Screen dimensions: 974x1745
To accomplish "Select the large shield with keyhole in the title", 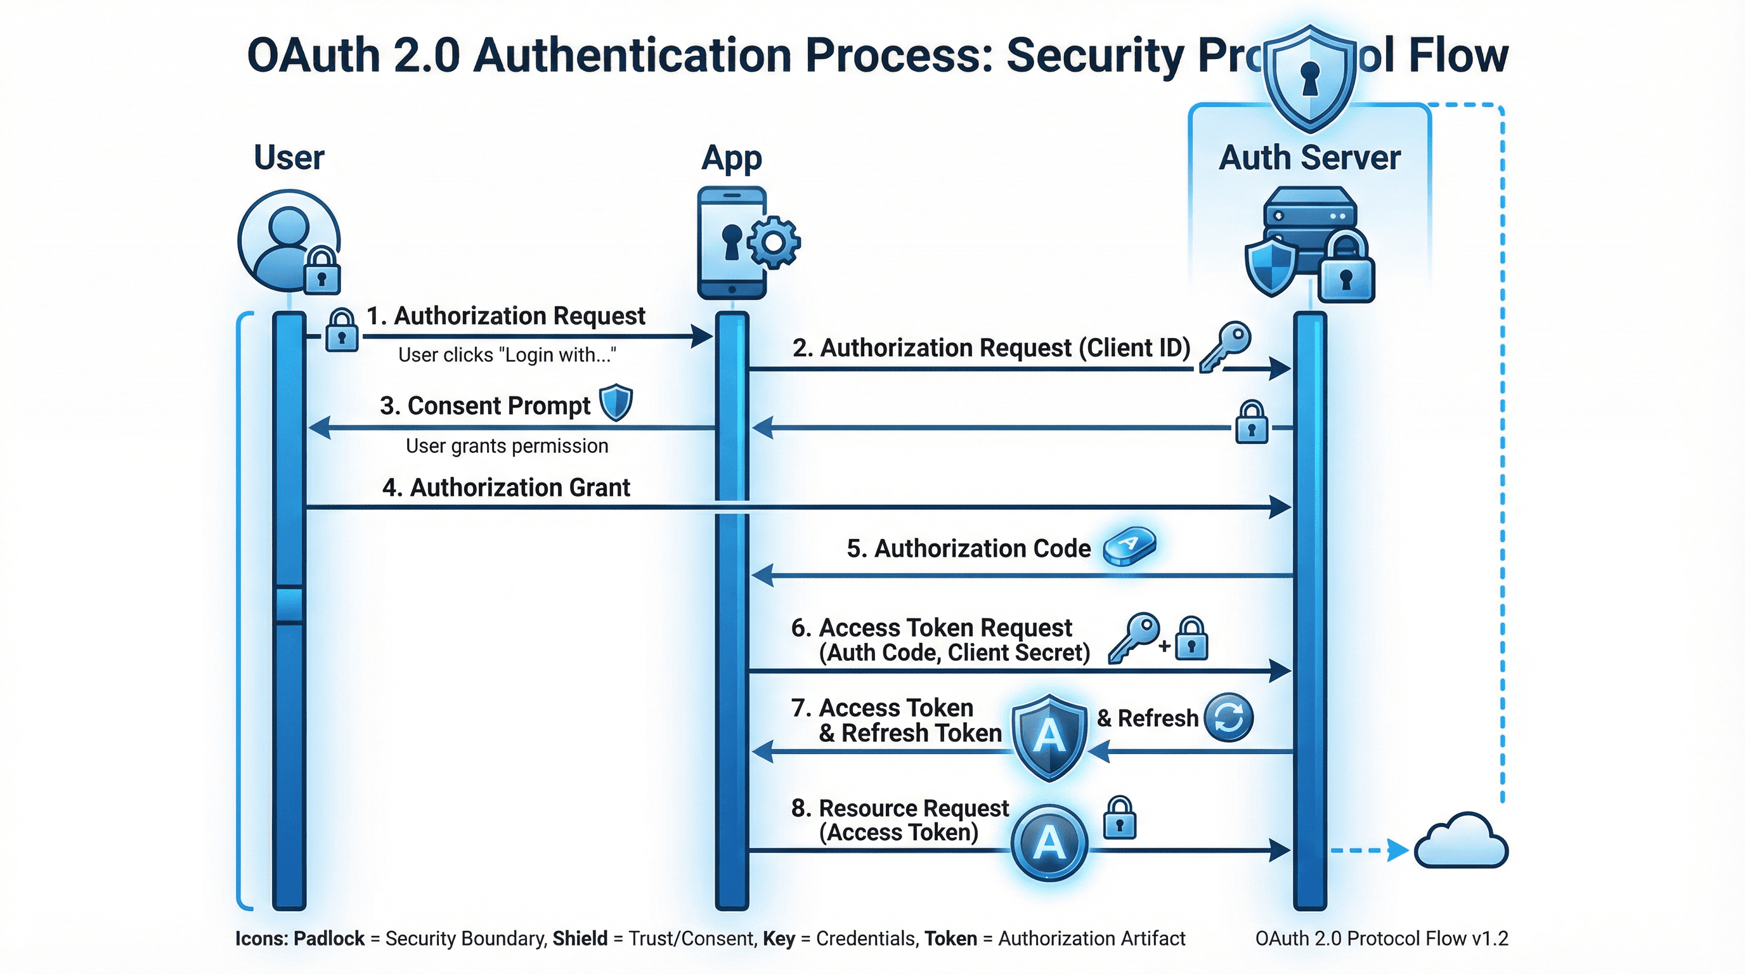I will click(1310, 79).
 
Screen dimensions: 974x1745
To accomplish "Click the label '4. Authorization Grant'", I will click(506, 488).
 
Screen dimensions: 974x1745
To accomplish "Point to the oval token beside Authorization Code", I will click(1129, 546).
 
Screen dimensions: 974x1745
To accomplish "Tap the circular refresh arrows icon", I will click(1229, 717).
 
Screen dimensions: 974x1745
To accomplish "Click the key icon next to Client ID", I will click(1225, 346).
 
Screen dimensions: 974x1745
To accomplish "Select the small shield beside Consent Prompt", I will click(616, 403).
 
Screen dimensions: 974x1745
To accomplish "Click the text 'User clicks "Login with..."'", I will click(507, 355).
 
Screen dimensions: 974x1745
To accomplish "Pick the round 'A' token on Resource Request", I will click(1049, 843).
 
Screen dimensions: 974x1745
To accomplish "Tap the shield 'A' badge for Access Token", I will click(1049, 737).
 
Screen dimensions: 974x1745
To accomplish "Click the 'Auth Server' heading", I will click(1309, 158).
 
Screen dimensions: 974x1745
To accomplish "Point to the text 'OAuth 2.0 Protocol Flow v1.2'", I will click(1381, 938).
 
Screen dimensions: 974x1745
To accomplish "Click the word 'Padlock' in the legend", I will click(328, 938).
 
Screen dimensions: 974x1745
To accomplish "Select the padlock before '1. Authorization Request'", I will click(341, 330).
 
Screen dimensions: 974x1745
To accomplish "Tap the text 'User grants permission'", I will click(507, 446).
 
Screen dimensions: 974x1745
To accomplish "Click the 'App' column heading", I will click(731, 158).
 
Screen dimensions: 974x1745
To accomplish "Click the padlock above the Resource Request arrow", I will click(1120, 817).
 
